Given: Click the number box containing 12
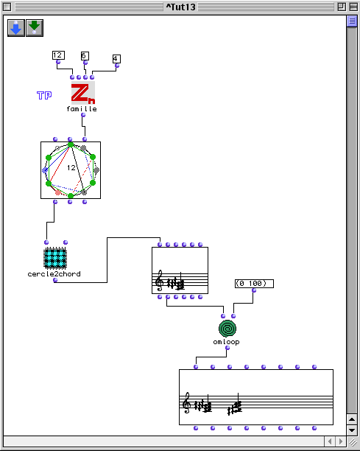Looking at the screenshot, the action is click(58, 55).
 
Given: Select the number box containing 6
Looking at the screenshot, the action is click(85, 55).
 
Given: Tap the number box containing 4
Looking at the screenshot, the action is click(116, 59).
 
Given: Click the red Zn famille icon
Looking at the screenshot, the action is click(83, 93).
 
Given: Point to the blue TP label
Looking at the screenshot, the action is click(44, 95).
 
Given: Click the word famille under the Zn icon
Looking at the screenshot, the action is click(82, 109).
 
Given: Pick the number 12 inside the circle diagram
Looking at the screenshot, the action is click(71, 167).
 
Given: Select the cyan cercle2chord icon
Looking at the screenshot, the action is click(55, 258).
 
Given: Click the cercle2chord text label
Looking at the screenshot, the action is click(54, 274).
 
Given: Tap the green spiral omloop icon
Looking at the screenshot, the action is click(227, 329).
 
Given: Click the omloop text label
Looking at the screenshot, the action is click(227, 342).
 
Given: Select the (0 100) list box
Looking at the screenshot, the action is click(254, 284).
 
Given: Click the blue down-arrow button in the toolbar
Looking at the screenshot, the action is click(16, 28).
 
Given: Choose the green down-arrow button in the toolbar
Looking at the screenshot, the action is click(35, 28).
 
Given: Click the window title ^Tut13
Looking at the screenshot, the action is click(180, 7).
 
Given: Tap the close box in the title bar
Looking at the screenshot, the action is click(7, 7).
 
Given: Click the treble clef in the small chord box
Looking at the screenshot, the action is click(159, 281).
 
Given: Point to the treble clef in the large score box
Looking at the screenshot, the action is click(187, 402).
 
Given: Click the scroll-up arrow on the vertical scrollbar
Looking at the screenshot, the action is click(352, 419).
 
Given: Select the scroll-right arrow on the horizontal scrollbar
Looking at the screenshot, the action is click(341, 441).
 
